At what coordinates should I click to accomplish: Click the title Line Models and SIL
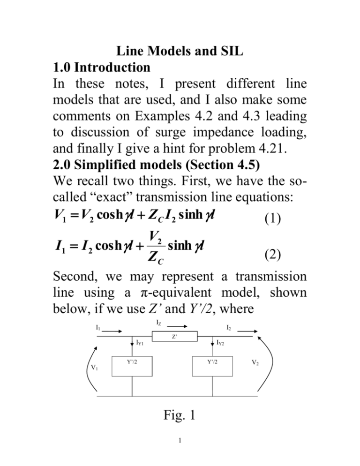tap(180, 51)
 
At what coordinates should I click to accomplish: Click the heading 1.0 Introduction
tap(101, 67)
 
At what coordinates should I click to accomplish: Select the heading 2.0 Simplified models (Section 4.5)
tap(156, 165)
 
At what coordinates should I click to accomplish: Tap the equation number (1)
tap(273, 219)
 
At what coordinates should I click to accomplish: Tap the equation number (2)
tap(273, 255)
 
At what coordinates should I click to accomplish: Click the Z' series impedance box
tap(174, 337)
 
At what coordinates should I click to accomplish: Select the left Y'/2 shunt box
tap(132, 367)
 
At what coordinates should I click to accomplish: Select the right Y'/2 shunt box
tap(212, 367)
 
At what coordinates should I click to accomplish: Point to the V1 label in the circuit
tap(94, 368)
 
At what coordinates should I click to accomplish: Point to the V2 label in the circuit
tap(255, 362)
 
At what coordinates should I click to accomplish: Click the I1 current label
tap(98, 328)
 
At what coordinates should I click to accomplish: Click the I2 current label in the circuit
tap(229, 328)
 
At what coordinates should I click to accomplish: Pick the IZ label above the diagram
tap(159, 323)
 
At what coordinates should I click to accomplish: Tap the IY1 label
tap(140, 343)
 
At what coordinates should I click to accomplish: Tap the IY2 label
tap(220, 343)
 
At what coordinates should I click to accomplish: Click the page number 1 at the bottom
tap(180, 440)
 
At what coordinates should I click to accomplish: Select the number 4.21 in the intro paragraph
tap(273, 148)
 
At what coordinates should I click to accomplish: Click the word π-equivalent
tap(175, 293)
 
